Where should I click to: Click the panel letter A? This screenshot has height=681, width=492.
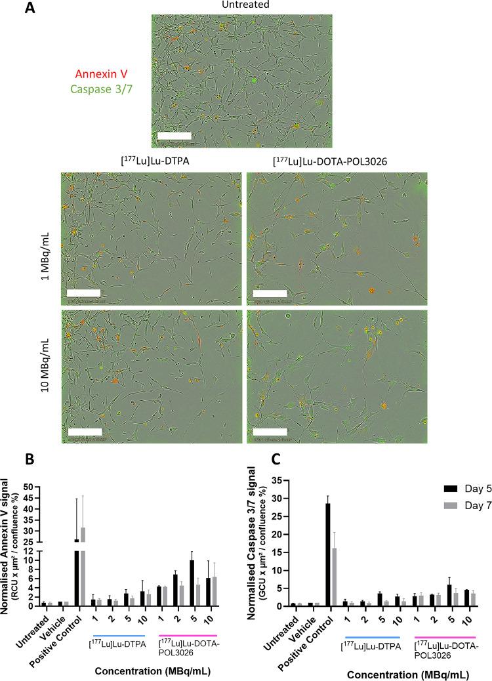[28, 9]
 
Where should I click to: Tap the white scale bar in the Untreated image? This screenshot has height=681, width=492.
[174, 136]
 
